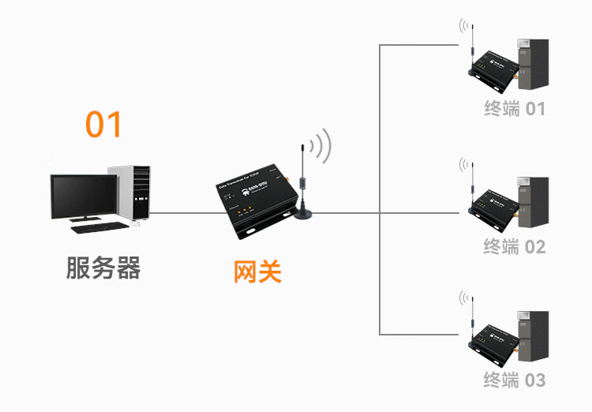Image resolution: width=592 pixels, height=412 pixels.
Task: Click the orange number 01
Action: click(x=104, y=125)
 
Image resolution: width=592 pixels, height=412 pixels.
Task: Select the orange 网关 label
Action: click(x=258, y=272)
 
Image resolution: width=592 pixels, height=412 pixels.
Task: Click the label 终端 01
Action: click(x=515, y=109)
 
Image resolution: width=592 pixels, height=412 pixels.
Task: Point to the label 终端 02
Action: click(x=515, y=247)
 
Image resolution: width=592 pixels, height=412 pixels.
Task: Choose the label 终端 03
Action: click(x=515, y=380)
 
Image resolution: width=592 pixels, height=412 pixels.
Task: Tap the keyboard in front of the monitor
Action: click(x=98, y=228)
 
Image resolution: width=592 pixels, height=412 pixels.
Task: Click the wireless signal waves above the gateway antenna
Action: click(x=320, y=146)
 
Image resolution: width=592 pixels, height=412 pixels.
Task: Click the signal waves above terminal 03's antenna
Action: click(x=463, y=298)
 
